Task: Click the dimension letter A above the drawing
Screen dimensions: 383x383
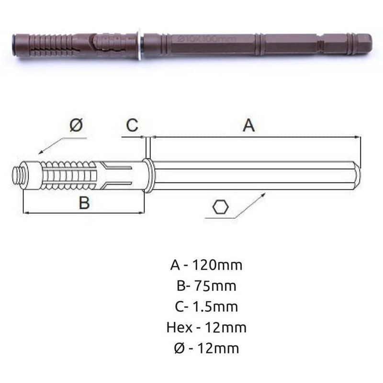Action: (248, 125)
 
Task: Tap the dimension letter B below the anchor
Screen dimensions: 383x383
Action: (84, 202)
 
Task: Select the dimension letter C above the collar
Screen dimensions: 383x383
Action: (132, 125)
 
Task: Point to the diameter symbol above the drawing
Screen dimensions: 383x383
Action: (76, 125)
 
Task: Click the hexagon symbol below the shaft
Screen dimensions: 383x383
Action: (221, 207)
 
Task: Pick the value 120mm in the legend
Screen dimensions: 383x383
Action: (218, 265)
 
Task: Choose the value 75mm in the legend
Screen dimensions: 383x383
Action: (215, 286)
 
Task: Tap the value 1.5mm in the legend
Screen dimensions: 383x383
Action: (215, 306)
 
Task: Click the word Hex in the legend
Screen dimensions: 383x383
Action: (179, 327)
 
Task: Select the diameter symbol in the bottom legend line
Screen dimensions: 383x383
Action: (180, 349)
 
